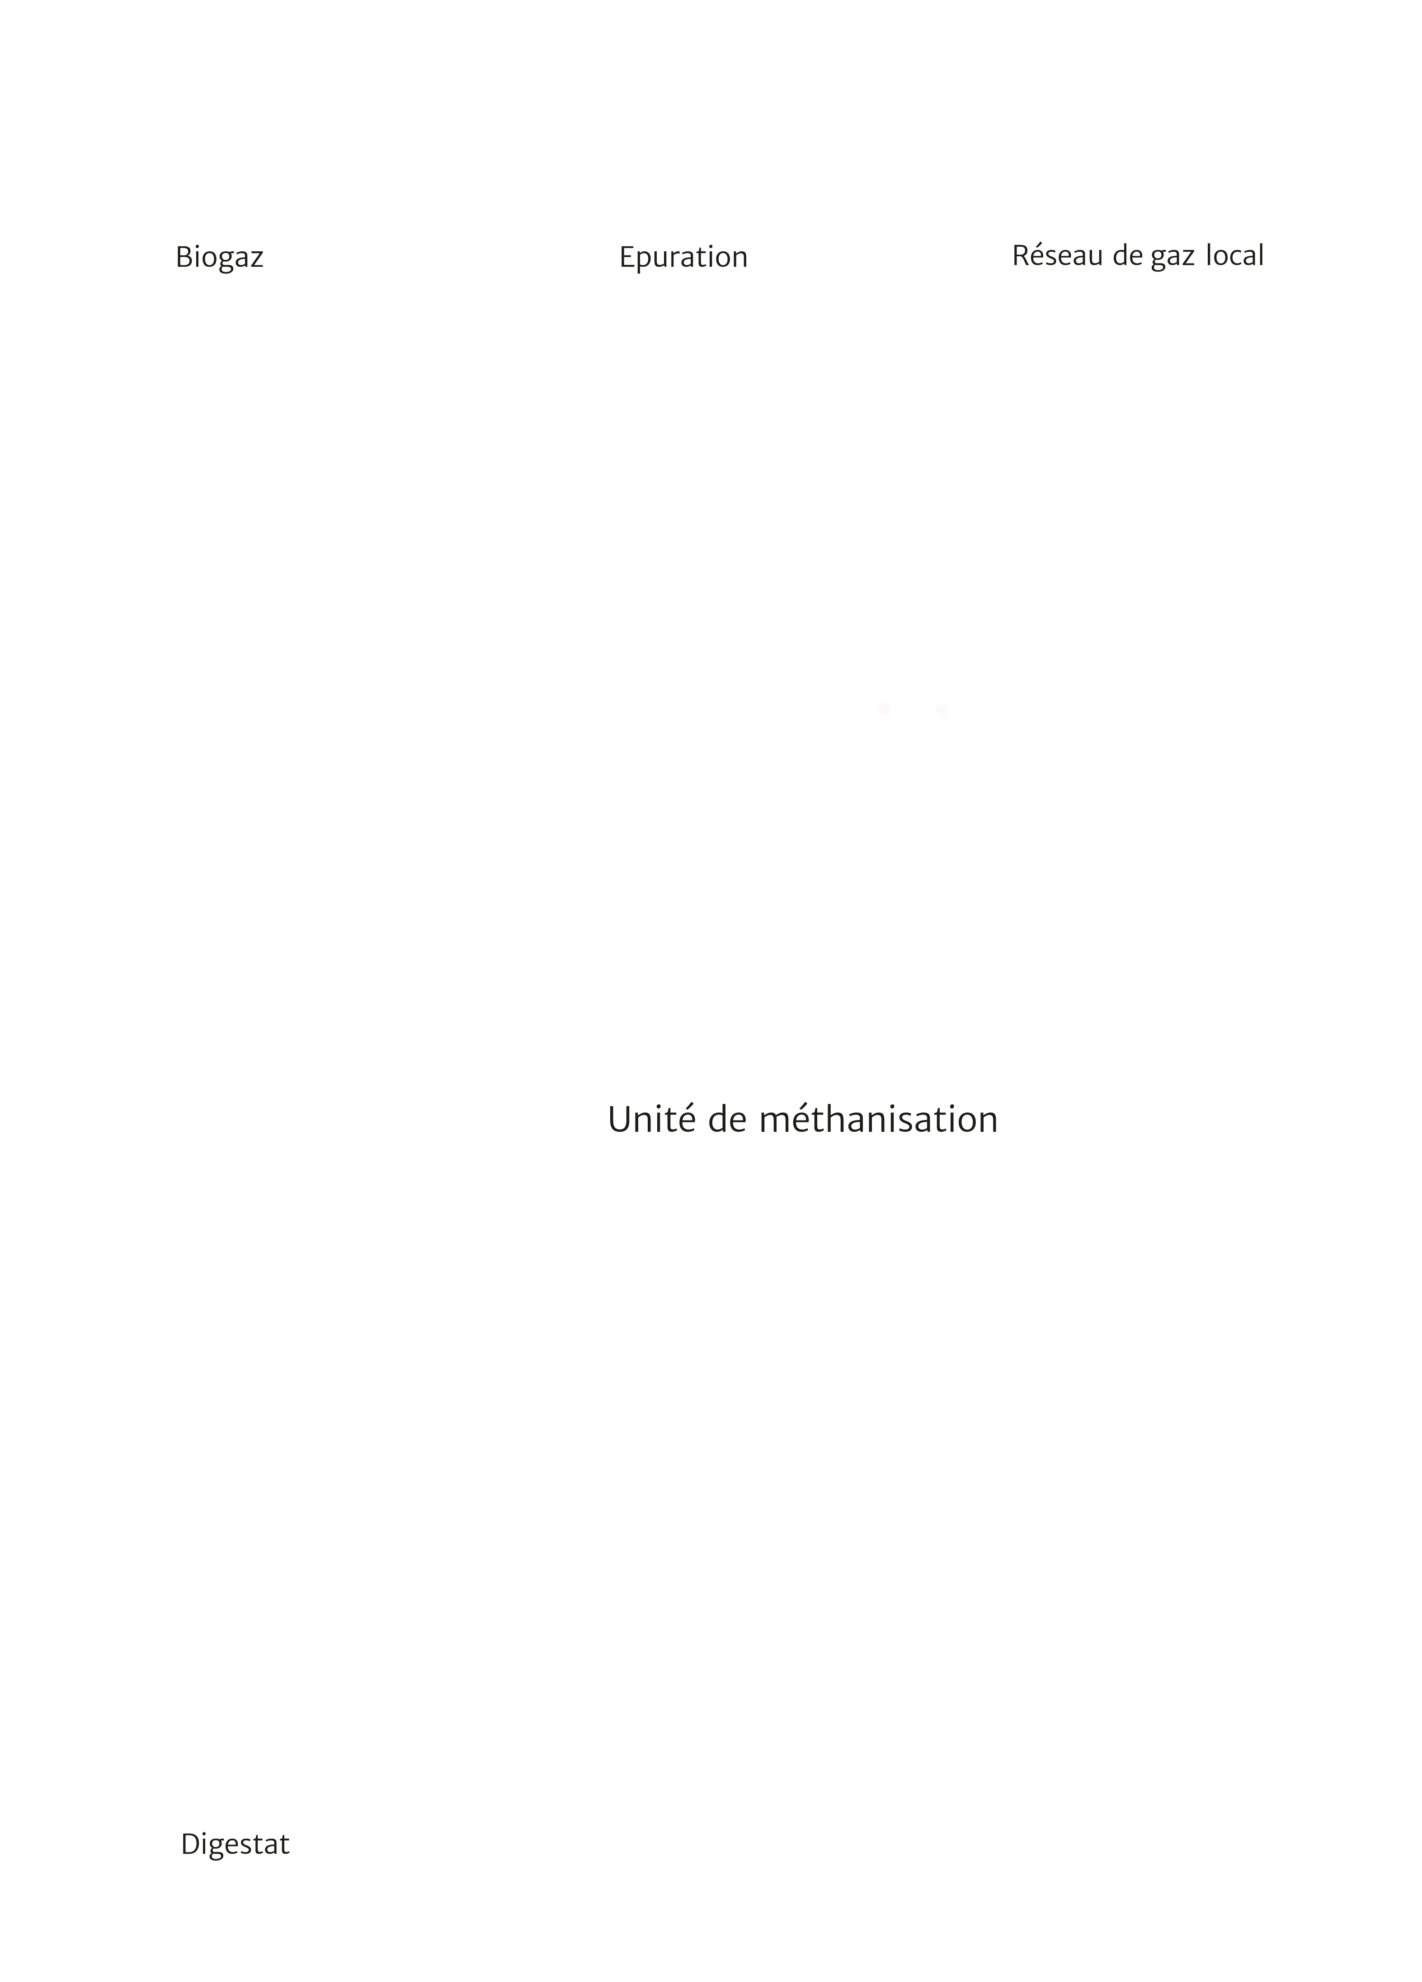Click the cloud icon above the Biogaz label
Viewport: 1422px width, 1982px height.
tap(220, 109)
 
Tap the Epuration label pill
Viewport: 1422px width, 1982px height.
tap(684, 256)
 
